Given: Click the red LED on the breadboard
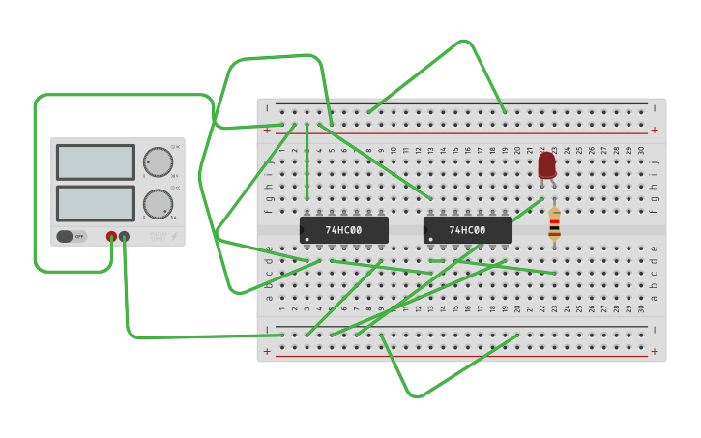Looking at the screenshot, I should [547, 164].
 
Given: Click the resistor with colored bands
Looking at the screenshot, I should [554, 224].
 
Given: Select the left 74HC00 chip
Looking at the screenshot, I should [344, 230].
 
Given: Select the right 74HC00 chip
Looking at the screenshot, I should [468, 230].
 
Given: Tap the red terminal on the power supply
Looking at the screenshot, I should [111, 236].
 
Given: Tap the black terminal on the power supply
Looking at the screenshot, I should [124, 236].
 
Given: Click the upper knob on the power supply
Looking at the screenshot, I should [158, 161].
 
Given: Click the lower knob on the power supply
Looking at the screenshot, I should [158, 204].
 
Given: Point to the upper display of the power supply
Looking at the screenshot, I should [96, 162].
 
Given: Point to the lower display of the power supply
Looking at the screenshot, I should [96, 203].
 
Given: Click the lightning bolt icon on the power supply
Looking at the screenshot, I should [174, 236].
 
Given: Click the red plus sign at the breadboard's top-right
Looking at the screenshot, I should [655, 130].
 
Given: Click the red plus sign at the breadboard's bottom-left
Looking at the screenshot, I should [267, 351].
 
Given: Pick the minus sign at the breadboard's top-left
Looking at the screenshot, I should [267, 107].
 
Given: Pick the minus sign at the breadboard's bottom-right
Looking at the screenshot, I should [655, 330].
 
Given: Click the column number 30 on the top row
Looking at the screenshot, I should [641, 150].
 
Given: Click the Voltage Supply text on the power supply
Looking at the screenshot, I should [158, 235].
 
